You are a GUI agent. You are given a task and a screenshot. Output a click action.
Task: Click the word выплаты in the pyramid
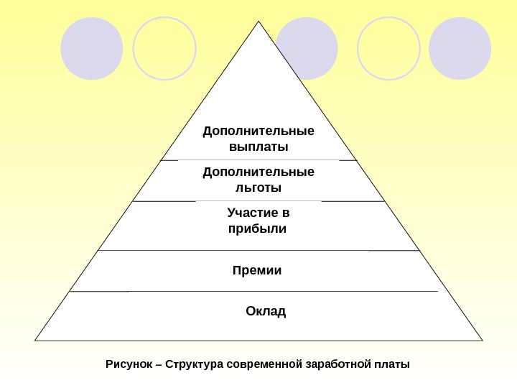tap(258, 147)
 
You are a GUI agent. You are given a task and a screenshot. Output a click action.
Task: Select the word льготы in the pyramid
tap(258, 188)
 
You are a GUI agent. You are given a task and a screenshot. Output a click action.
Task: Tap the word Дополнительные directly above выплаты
tap(258, 131)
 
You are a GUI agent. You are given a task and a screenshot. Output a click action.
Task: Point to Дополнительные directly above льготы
tap(258, 172)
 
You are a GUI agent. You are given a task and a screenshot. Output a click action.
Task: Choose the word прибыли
tap(256, 229)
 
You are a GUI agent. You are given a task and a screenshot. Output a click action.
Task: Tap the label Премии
tap(257, 271)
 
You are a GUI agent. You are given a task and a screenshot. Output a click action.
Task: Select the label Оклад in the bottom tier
tap(266, 311)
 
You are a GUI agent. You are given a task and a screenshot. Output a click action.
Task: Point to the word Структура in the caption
tap(194, 364)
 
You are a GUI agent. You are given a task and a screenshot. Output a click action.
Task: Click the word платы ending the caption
tap(391, 364)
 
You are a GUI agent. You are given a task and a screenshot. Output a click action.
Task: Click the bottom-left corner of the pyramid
tap(35, 340)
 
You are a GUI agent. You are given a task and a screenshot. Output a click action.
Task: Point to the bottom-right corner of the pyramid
tap(482, 340)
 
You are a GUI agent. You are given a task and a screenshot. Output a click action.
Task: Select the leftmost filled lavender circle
tap(92, 48)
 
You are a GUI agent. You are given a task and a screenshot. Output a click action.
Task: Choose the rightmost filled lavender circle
tap(460, 48)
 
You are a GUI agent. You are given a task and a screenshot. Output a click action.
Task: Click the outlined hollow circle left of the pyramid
tap(164, 48)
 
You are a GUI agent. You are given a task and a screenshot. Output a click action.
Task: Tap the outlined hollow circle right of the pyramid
tap(388, 48)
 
